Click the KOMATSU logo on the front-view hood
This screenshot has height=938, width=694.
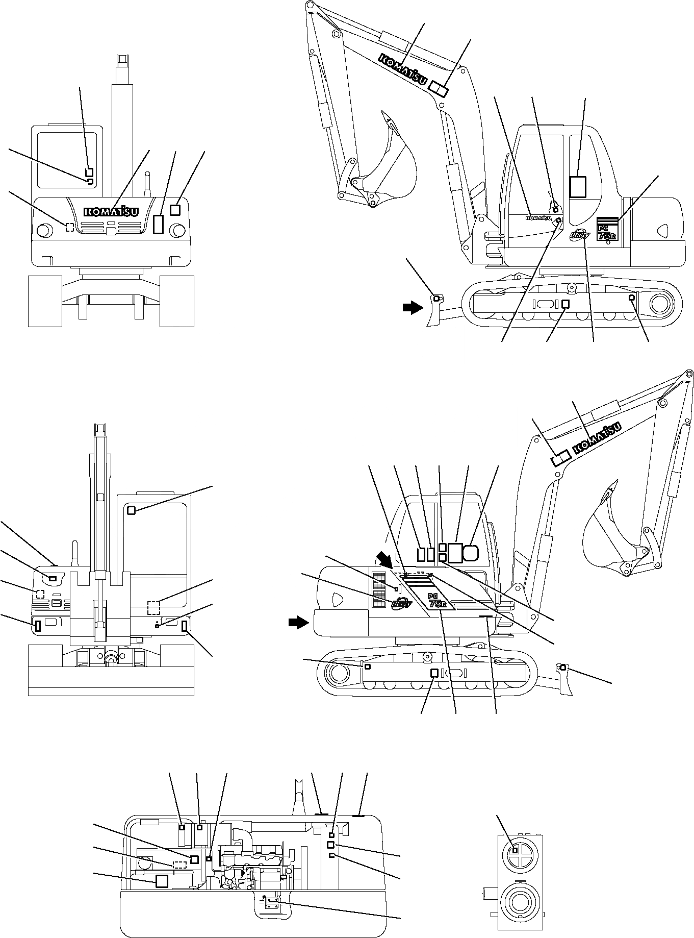pyautogui.click(x=111, y=211)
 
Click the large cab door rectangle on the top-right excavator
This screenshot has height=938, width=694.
pyautogui.click(x=578, y=186)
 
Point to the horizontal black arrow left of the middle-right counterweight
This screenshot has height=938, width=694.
pyautogui.click(x=298, y=622)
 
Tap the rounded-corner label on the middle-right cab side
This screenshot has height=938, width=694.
pyautogui.click(x=471, y=552)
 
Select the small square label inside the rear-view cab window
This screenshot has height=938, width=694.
pyautogui.click(x=131, y=510)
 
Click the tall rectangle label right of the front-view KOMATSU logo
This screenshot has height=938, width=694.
pyautogui.click(x=159, y=224)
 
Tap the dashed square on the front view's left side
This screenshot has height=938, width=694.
pyautogui.click(x=70, y=227)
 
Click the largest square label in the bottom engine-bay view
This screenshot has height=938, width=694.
pyautogui.click(x=162, y=881)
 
